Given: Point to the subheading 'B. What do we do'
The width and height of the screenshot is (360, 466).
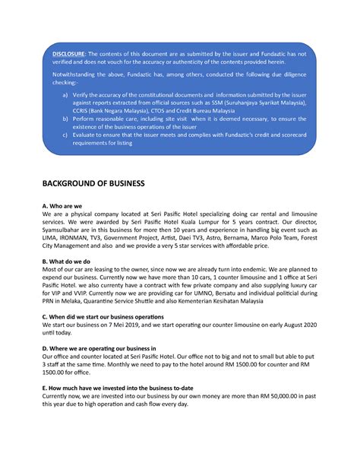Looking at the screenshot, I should [72, 260].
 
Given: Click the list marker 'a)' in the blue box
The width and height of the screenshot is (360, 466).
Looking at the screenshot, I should [66, 94].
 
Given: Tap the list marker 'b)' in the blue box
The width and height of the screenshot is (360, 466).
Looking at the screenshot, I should [66, 120].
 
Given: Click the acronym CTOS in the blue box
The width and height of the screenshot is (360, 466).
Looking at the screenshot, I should [174, 112].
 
